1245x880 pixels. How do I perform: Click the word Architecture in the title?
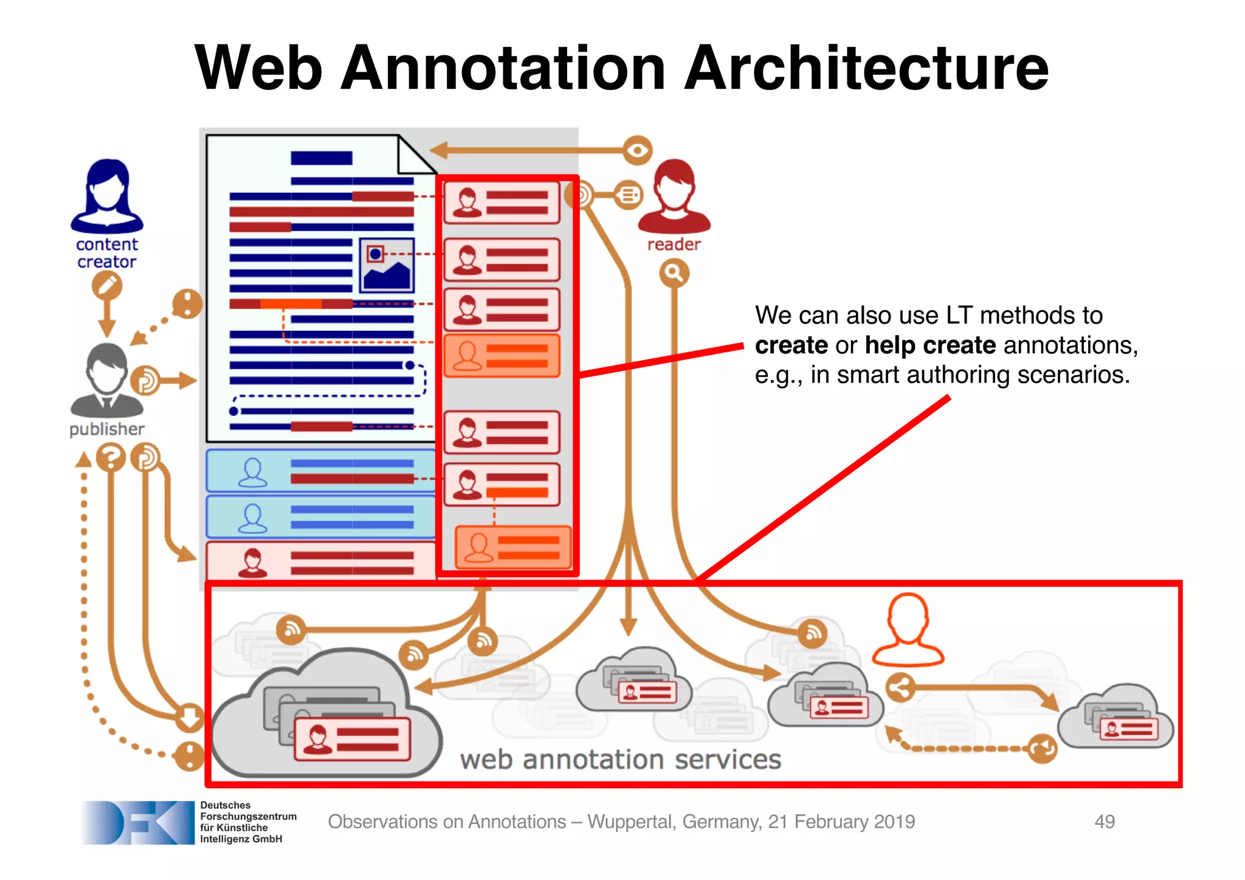pyautogui.click(x=866, y=68)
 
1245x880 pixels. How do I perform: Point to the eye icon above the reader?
pyautogui.click(x=637, y=150)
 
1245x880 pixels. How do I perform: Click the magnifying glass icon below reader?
pyautogui.click(x=674, y=273)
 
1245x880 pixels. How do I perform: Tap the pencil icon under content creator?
pyautogui.click(x=107, y=286)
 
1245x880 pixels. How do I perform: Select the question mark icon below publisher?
pyautogui.click(x=111, y=458)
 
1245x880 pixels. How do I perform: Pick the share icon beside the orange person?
pyautogui.click(x=900, y=688)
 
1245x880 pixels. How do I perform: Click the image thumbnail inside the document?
pyautogui.click(x=387, y=265)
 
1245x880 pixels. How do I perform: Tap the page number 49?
pyautogui.click(x=1104, y=822)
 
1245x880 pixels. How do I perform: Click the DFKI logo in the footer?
pyautogui.click(x=137, y=822)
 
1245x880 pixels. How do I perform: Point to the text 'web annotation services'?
pyautogui.click(x=620, y=760)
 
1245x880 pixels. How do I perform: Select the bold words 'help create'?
pyautogui.click(x=929, y=345)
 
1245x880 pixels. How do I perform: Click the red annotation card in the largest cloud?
pyautogui.click(x=352, y=739)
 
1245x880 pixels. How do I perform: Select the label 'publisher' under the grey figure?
pyautogui.click(x=107, y=429)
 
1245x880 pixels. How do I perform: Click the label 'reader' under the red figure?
pyautogui.click(x=674, y=244)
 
